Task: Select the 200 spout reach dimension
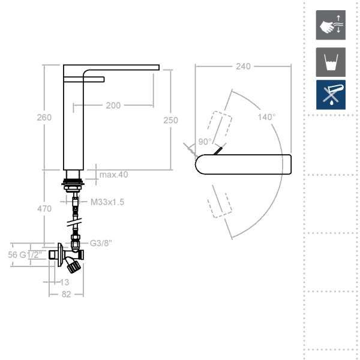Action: [x=113, y=106]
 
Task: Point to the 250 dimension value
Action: [x=171, y=120]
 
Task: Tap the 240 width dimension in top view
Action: [x=243, y=67]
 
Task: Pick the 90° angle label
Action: [x=205, y=142]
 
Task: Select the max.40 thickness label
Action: [x=114, y=175]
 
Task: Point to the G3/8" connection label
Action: [x=101, y=244]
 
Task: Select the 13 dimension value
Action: [x=65, y=282]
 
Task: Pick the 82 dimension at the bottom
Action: [x=65, y=294]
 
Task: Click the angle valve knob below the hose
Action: [x=73, y=262]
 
